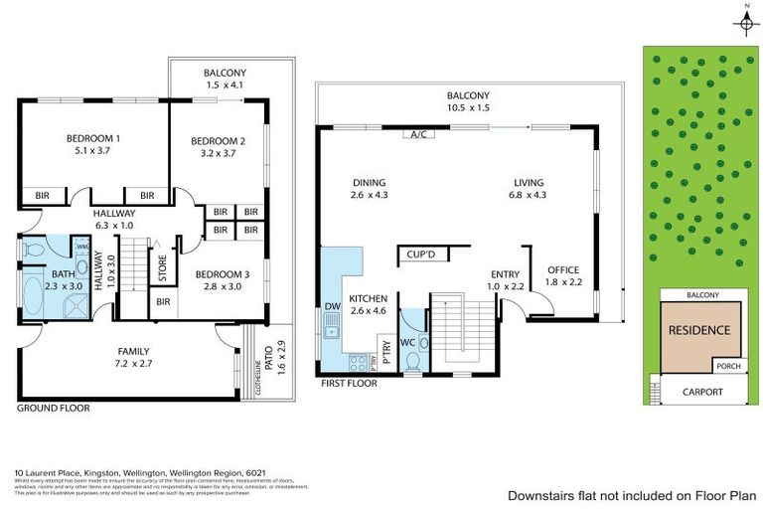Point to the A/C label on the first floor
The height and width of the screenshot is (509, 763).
417,135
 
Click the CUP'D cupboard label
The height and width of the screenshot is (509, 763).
422,254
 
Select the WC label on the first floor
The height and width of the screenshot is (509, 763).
405,343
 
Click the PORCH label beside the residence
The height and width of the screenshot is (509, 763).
728,366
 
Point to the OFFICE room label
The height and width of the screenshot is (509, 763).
562,269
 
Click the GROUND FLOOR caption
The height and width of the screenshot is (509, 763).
53,408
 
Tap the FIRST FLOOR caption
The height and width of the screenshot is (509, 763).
348,382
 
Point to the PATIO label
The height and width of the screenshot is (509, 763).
266,352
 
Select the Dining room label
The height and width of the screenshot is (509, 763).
369,182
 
